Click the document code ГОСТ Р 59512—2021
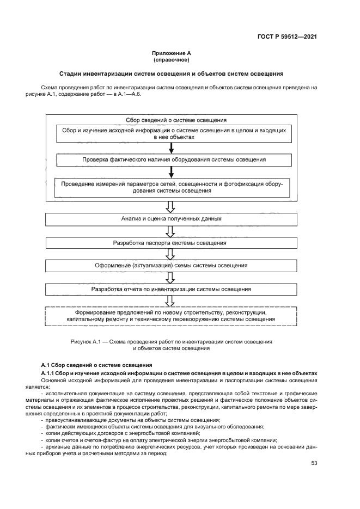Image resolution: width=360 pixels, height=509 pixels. point(287,37)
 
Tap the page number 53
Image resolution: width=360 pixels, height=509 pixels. point(314,463)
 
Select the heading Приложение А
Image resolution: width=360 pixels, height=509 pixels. point(172,53)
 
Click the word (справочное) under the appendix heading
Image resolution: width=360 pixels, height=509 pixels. point(172,60)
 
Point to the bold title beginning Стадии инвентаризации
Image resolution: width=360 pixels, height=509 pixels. point(172,73)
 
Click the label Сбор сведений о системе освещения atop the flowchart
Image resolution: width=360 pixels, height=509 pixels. point(172,119)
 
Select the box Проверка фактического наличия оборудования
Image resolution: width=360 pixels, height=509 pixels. point(174,160)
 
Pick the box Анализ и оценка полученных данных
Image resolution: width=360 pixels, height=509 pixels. point(171,218)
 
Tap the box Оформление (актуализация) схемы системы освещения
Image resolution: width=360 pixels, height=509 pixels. point(171,266)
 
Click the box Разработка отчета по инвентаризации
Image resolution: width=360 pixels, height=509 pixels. point(171,289)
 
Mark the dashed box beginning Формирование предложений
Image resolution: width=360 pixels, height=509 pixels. point(171,316)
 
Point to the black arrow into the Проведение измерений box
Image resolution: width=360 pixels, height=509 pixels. point(171,172)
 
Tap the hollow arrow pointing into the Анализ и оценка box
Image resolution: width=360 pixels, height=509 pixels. point(170,206)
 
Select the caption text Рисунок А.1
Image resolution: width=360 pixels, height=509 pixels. point(171,344)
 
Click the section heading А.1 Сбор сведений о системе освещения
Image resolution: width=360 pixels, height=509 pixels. point(96,364)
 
